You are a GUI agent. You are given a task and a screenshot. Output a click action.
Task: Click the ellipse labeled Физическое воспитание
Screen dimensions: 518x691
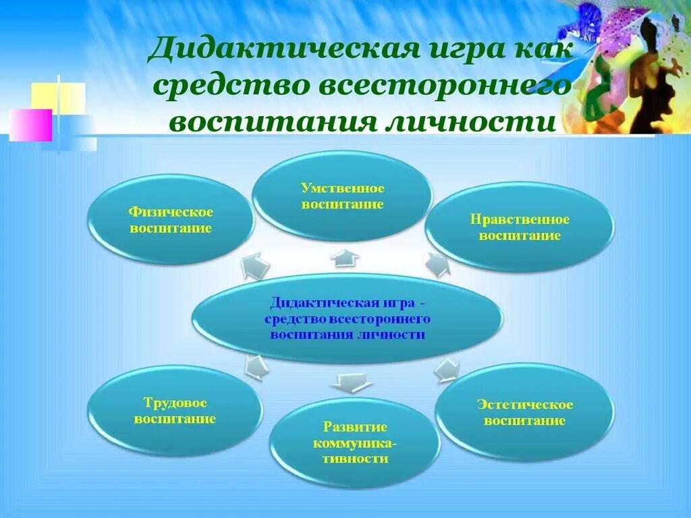tap(171, 220)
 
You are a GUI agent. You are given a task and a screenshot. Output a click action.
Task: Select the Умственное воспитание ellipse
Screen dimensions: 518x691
tap(342, 196)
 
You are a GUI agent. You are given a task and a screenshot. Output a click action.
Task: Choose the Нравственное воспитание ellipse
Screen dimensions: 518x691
tap(520, 228)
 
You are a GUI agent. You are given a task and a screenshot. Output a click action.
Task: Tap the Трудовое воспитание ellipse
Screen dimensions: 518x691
tap(175, 411)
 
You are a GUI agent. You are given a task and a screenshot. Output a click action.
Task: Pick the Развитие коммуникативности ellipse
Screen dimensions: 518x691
tap(354, 442)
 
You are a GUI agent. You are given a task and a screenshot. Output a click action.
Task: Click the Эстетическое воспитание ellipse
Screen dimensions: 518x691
tap(524, 412)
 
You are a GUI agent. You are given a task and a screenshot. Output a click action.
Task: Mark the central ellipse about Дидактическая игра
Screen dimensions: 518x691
tap(347, 318)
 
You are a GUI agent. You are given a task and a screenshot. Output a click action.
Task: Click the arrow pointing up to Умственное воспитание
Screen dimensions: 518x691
tap(346, 257)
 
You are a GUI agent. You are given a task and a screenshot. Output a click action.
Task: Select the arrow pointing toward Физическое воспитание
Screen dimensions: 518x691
tap(255, 265)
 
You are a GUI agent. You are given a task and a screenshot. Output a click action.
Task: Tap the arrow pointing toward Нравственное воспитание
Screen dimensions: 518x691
tap(437, 264)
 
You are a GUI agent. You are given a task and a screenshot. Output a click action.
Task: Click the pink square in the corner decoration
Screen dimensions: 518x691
tap(30, 125)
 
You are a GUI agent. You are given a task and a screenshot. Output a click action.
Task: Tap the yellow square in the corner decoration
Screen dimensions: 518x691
tap(58, 97)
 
